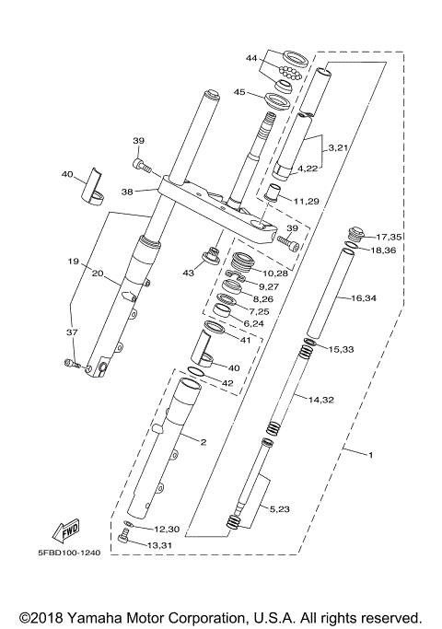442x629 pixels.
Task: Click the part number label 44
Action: coord(250,58)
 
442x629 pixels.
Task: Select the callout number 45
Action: coord(238,92)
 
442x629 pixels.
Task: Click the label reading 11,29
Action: coord(307,201)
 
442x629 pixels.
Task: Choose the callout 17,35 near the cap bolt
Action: coord(389,238)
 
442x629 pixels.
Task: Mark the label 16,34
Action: coord(365,298)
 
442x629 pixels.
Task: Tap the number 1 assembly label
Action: coord(371,455)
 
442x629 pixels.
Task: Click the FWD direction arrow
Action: coord(65,531)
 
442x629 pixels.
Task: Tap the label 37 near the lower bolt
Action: coord(72,332)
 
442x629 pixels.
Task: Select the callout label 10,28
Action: coord(277,274)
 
